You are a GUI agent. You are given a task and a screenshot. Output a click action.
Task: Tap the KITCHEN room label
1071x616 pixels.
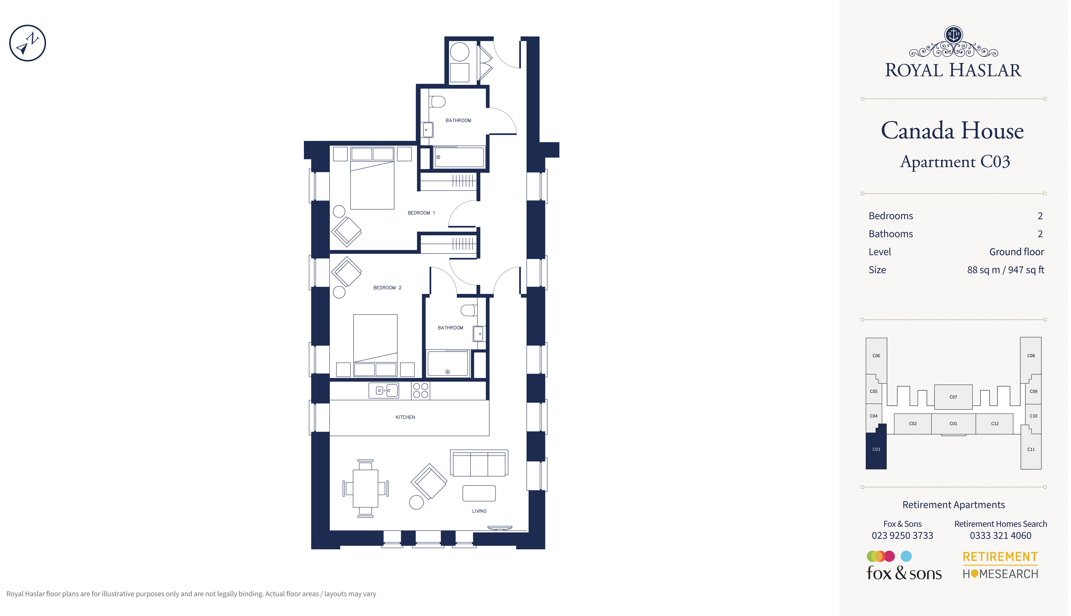[x=405, y=417]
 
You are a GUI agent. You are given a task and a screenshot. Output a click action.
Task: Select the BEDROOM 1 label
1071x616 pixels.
[x=421, y=213]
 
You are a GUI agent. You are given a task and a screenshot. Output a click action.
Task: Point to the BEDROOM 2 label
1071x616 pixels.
[x=387, y=288]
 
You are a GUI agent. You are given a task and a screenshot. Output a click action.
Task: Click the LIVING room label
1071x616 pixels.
[x=479, y=511]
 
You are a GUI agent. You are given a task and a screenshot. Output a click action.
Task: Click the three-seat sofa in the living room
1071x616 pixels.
[x=479, y=463]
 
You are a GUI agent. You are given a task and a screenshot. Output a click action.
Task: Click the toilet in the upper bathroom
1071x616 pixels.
[x=437, y=102]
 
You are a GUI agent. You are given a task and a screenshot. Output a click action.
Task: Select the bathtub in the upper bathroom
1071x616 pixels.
[x=459, y=157]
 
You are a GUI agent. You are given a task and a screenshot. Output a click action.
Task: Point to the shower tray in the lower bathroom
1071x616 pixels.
[x=448, y=363]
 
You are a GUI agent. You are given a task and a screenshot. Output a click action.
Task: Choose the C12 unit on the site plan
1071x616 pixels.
[x=994, y=424]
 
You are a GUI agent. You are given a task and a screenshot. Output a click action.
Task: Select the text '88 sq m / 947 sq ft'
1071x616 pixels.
[x=1005, y=270]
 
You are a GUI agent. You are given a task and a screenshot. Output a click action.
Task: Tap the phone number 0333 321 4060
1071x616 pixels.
[x=1000, y=536]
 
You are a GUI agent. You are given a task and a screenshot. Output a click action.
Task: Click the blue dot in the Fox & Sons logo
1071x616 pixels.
[x=906, y=556]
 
